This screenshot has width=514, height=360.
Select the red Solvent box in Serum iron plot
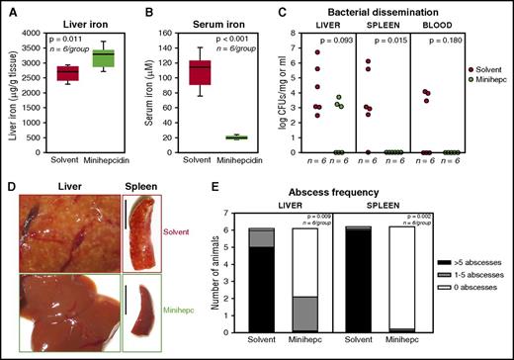coord(201,73)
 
